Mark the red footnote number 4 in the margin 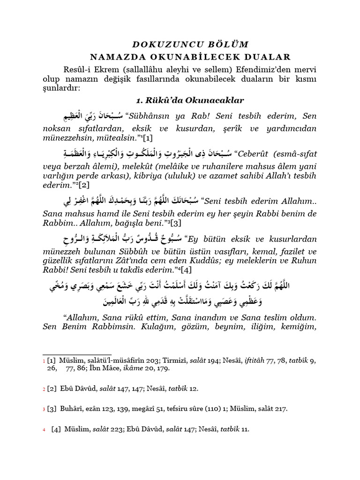pos(44,430)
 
